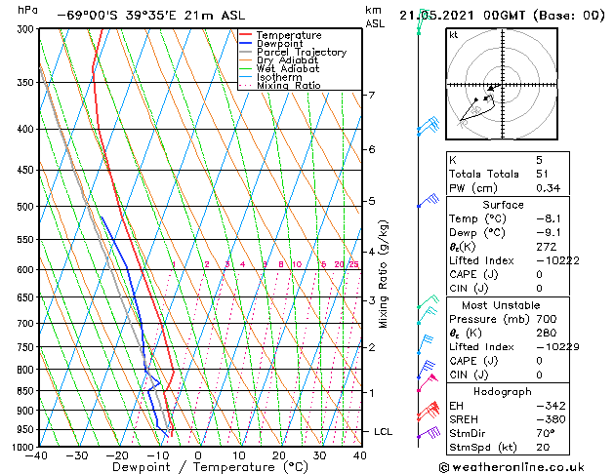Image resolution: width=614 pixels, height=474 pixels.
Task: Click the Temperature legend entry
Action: (288, 35)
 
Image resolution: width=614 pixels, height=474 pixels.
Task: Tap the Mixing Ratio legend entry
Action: (289, 86)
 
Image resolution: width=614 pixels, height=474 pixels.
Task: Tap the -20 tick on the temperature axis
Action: (117, 455)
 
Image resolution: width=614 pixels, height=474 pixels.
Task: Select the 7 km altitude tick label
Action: (371, 95)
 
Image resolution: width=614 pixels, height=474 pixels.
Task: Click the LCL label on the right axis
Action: (384, 431)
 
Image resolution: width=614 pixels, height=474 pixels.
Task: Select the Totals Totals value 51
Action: (543, 174)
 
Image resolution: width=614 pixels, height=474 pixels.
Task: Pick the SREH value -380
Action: (549, 420)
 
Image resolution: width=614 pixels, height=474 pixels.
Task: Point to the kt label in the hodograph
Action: (454, 35)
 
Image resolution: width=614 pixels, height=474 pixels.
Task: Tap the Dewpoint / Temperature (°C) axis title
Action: (198, 467)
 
